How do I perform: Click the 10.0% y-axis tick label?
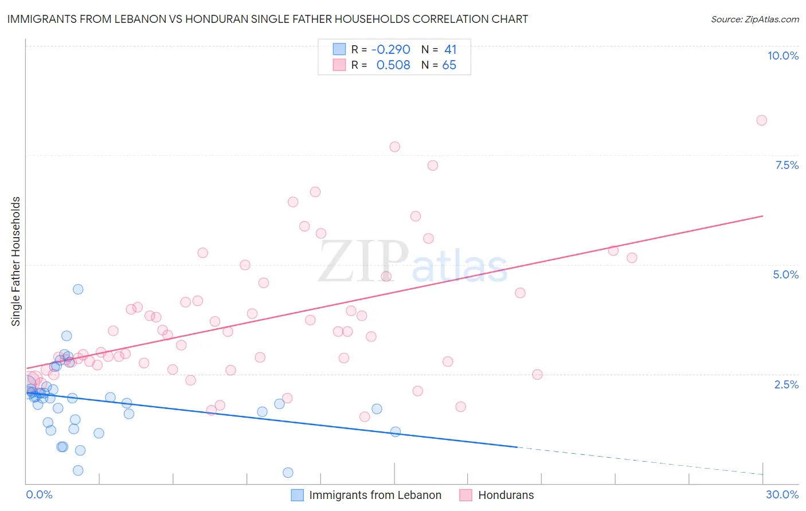click(x=782, y=56)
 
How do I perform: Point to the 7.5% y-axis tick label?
click(x=787, y=165)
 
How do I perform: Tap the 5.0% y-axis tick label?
click(x=785, y=274)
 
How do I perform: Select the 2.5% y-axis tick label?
click(x=786, y=384)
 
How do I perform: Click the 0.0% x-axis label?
click(x=39, y=494)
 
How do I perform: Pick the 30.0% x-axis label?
click(x=782, y=494)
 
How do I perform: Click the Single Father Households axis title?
click(x=16, y=261)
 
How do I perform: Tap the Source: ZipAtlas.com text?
click(x=754, y=19)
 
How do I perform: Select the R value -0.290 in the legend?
click(x=390, y=50)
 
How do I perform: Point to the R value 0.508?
click(x=393, y=65)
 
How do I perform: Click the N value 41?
click(x=450, y=50)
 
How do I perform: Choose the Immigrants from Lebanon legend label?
click(x=375, y=495)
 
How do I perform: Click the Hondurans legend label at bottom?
click(x=506, y=495)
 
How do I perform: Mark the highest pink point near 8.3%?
click(x=761, y=120)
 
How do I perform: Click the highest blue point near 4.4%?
click(x=78, y=289)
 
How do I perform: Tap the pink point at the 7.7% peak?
click(x=394, y=147)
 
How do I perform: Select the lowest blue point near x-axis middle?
click(x=288, y=473)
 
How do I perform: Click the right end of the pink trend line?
click(x=762, y=216)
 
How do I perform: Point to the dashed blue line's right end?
click(x=762, y=474)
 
